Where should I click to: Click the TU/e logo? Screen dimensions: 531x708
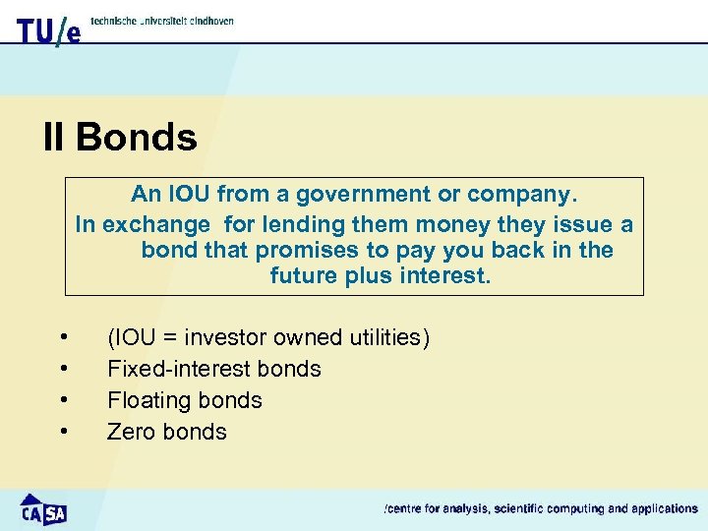pyautogui.click(x=47, y=29)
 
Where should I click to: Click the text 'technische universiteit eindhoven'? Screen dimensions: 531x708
pyautogui.click(x=162, y=21)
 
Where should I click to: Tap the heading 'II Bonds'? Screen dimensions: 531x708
pyautogui.click(x=120, y=138)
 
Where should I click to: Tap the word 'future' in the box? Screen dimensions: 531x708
pyautogui.click(x=304, y=276)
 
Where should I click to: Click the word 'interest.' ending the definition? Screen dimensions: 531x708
pyautogui.click(x=444, y=276)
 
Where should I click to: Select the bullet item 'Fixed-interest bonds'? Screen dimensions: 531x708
pyautogui.click(x=213, y=369)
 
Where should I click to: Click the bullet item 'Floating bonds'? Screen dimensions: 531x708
pyautogui.click(x=184, y=400)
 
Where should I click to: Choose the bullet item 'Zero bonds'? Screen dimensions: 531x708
pyautogui.click(x=166, y=432)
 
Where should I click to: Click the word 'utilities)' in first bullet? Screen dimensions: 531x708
pyautogui.click(x=389, y=337)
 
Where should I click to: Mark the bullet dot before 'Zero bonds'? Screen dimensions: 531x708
pyautogui.click(x=64, y=432)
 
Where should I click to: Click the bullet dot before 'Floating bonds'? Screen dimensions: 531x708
pyautogui.click(x=64, y=400)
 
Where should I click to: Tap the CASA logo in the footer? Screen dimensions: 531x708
pyautogui.click(x=43, y=509)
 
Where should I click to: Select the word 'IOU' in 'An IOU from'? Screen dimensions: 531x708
pyautogui.click(x=190, y=195)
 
